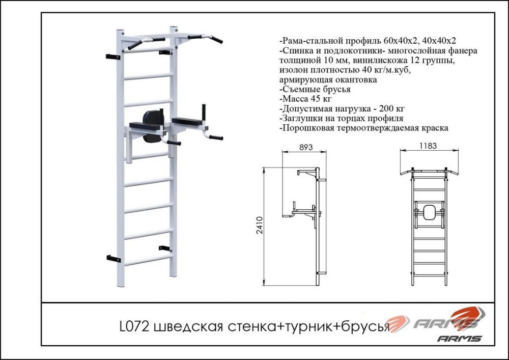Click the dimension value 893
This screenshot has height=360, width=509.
pos(304,147)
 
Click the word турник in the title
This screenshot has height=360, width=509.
pos(301,326)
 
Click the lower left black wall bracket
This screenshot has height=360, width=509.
pos(113,258)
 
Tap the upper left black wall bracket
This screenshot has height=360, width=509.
pos(112,56)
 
